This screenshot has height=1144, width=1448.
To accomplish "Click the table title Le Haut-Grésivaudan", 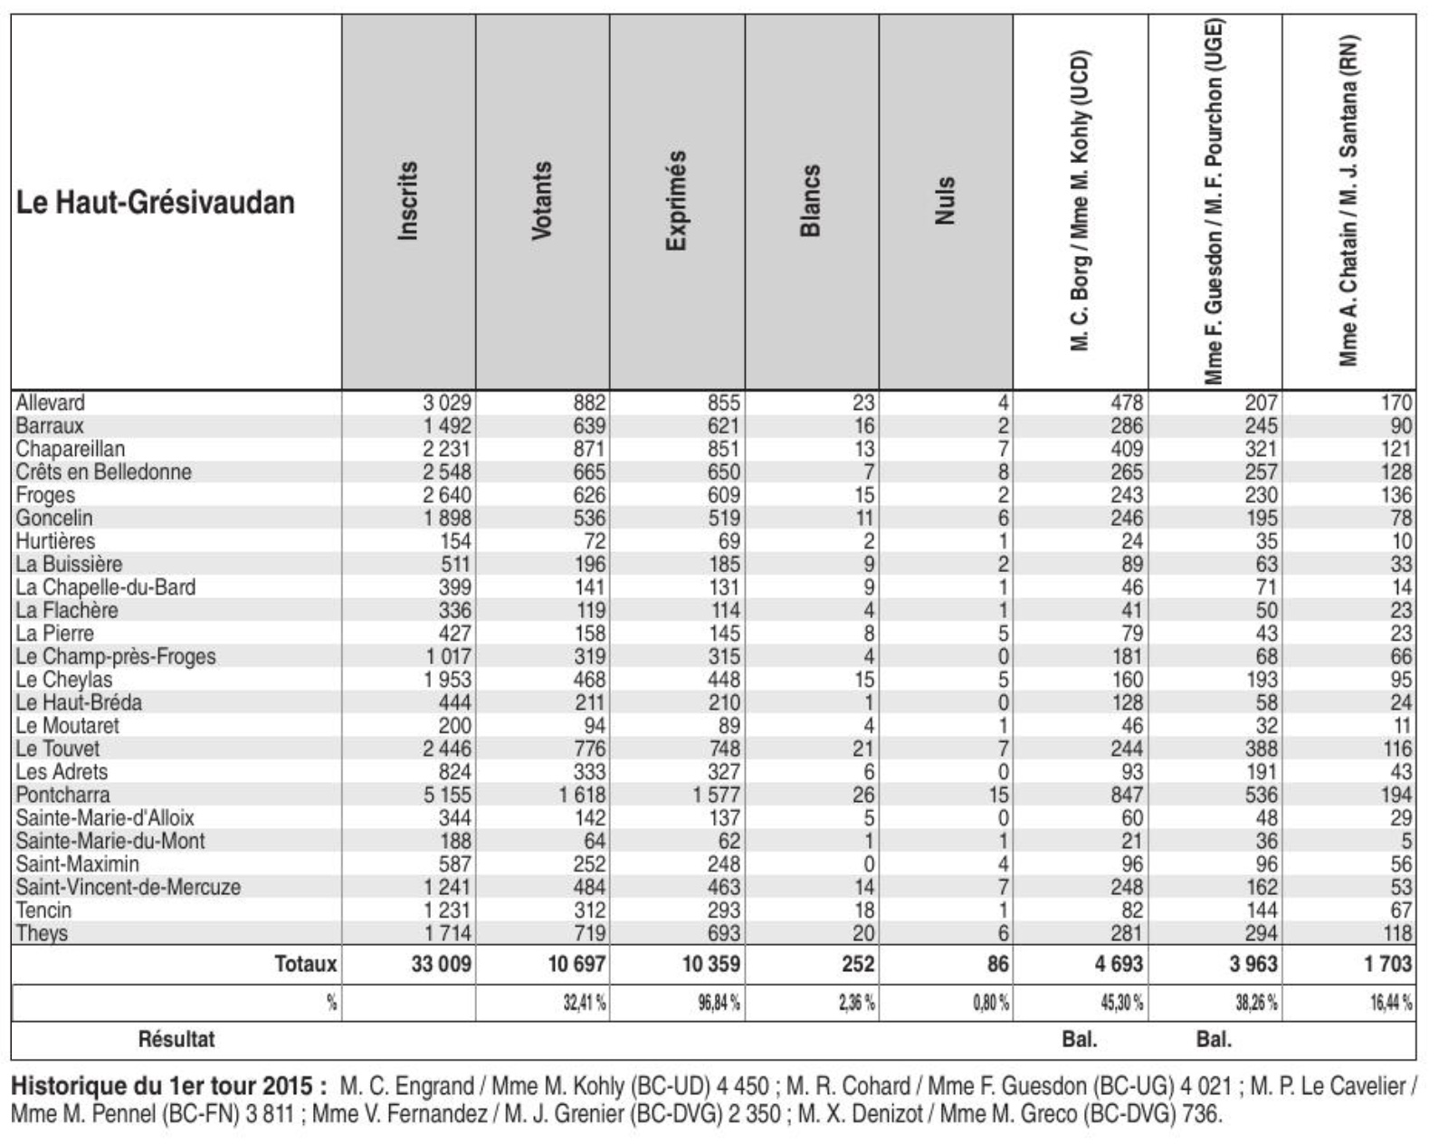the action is pyautogui.click(x=156, y=202).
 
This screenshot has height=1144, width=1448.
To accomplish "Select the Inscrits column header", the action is pyautogui.click(x=408, y=201).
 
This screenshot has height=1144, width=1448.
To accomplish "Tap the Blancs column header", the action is pyautogui.click(x=811, y=201).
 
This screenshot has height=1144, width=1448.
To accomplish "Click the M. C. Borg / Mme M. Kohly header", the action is pyautogui.click(x=1080, y=201).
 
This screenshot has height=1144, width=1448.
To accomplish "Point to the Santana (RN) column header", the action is pyautogui.click(x=1349, y=201).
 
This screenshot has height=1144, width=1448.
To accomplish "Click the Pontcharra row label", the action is pyautogui.click(x=62, y=795).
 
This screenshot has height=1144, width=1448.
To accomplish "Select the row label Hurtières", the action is pyautogui.click(x=55, y=541).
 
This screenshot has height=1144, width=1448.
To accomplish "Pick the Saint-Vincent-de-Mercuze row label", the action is pyautogui.click(x=128, y=887).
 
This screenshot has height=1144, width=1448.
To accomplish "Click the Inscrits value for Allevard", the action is pyautogui.click(x=447, y=403).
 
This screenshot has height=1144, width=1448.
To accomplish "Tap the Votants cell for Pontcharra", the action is pyautogui.click(x=582, y=795).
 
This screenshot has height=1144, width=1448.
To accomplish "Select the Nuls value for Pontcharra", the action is pyautogui.click(x=998, y=795).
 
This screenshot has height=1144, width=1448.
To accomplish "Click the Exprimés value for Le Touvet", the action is pyautogui.click(x=723, y=749).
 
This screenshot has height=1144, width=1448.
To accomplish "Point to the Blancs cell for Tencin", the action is pyautogui.click(x=863, y=910).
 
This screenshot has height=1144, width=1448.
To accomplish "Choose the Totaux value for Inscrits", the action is pyautogui.click(x=442, y=964).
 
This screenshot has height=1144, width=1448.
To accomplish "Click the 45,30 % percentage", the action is pyautogui.click(x=1121, y=1003).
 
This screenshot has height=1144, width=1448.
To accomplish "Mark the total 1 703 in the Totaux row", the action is pyautogui.click(x=1388, y=964).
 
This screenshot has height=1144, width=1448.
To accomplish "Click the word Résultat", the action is pyautogui.click(x=176, y=1039).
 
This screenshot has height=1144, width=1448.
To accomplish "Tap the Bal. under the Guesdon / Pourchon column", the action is pyautogui.click(x=1214, y=1039).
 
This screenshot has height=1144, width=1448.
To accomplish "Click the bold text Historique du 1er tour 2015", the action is pyautogui.click(x=169, y=1086).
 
